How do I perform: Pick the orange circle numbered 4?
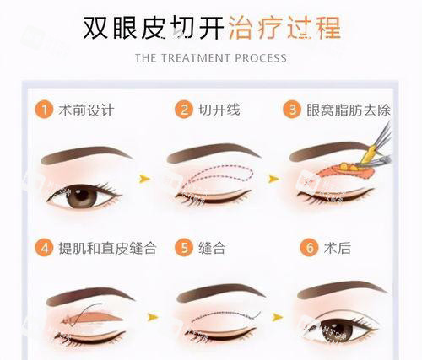45,249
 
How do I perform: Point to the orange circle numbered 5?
182,249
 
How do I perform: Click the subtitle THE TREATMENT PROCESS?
211,58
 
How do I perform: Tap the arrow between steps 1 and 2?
145,180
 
